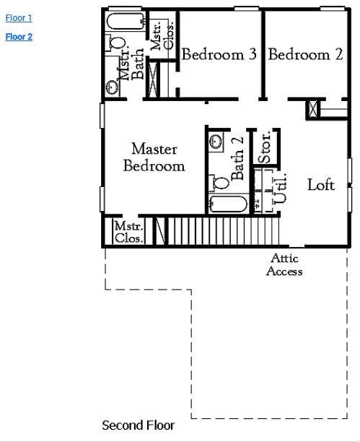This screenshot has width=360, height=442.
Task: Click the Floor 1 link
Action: point(19,18)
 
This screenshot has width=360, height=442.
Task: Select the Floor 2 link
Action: point(19,37)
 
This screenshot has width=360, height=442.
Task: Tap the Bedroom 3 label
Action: point(219,55)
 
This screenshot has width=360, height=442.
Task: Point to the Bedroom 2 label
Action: point(305,55)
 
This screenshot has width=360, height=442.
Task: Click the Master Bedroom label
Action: point(154,157)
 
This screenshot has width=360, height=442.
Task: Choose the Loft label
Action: point(321,185)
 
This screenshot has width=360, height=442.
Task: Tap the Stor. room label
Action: point(265,147)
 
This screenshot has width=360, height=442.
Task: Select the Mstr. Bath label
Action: point(131,66)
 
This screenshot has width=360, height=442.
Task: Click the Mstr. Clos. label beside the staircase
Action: point(128,233)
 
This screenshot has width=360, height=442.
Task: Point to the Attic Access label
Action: point(284,265)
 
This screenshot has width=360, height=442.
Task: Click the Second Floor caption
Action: point(138,425)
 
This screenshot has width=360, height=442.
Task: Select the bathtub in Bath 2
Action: point(227,204)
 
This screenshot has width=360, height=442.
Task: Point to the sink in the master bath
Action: point(112,87)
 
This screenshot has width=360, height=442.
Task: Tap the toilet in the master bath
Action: point(117,44)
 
